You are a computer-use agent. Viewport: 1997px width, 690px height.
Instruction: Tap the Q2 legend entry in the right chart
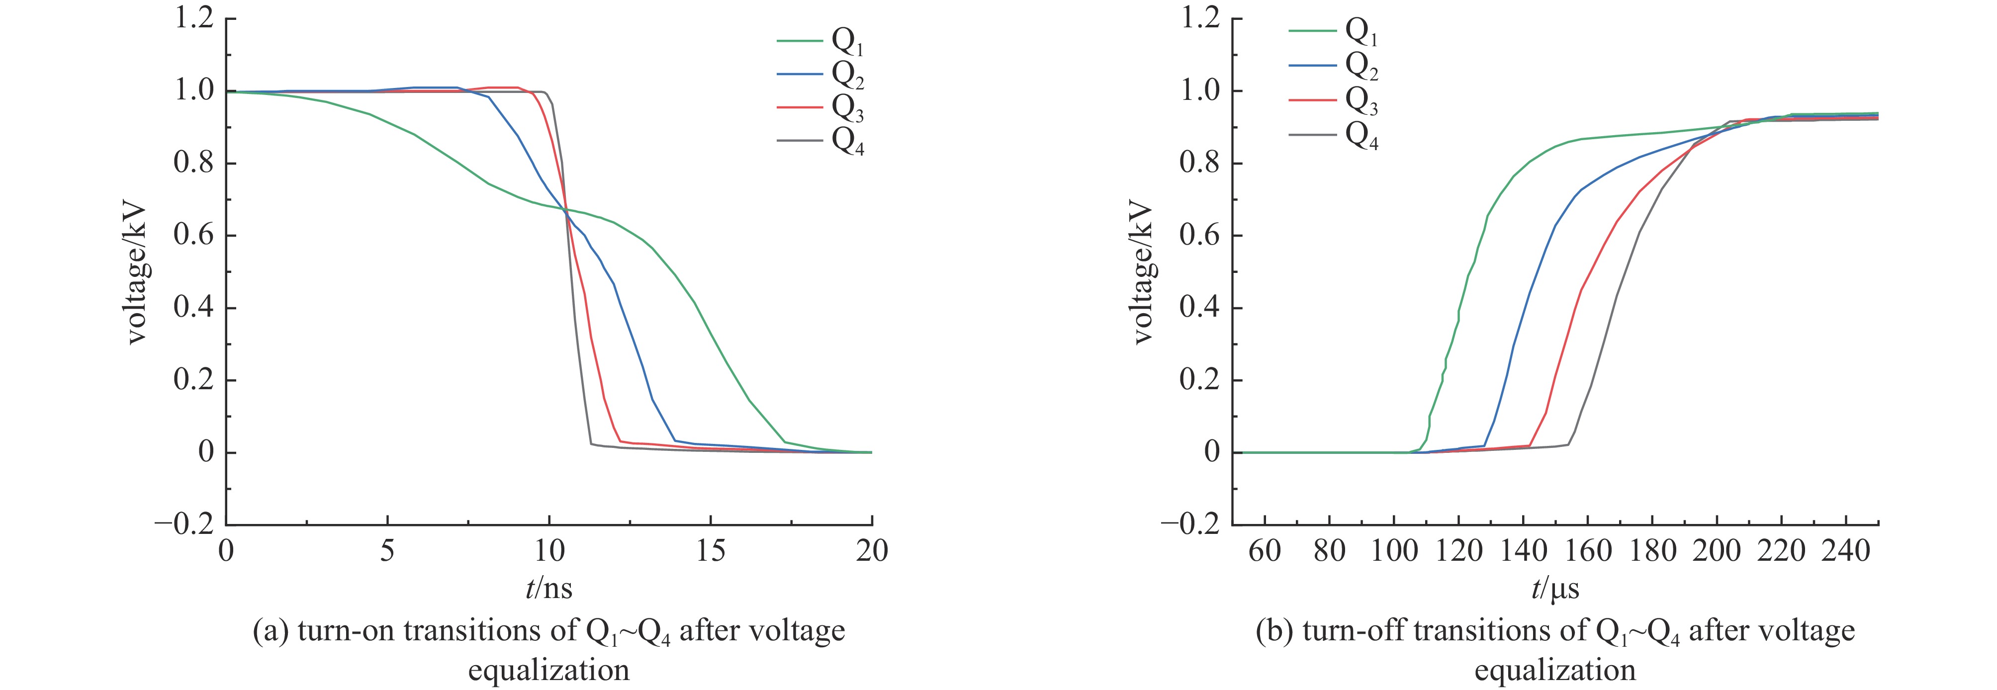(x=1362, y=67)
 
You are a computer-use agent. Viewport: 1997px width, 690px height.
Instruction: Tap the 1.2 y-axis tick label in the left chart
(x=193, y=18)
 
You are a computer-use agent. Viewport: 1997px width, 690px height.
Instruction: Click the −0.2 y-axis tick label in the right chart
(x=1191, y=525)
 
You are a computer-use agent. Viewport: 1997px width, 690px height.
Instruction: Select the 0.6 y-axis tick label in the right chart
(x=1200, y=236)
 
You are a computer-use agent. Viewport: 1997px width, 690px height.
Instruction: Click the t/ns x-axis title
(x=549, y=589)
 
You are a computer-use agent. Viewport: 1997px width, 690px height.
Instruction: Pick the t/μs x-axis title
(x=1555, y=589)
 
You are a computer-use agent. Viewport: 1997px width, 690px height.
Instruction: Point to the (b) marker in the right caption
(x=1274, y=631)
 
